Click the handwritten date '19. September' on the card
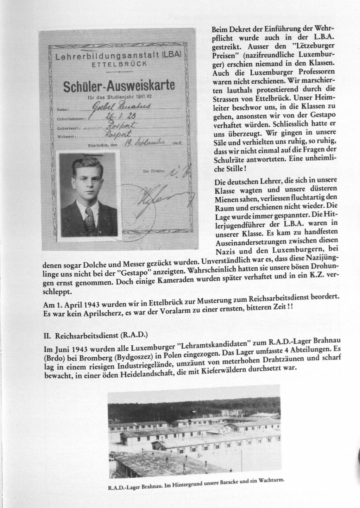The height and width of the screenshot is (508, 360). point(143,144)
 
